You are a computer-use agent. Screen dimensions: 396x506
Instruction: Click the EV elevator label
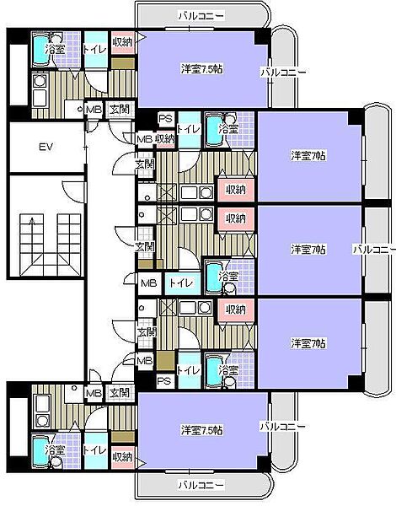[x=46, y=147]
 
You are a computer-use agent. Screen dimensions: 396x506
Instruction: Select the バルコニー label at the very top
[x=201, y=16]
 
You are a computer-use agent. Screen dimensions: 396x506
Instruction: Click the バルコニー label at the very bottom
[x=201, y=484]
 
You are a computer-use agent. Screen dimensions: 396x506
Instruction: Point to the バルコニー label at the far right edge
[x=374, y=250]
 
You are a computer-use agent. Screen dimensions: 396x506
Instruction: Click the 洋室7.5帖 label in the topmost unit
[x=202, y=69]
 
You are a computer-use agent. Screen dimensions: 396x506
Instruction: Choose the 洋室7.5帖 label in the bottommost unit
[x=202, y=430]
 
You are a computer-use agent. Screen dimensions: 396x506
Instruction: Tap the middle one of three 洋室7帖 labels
[x=308, y=250]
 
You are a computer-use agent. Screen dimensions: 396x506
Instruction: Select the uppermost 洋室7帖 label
[x=308, y=156]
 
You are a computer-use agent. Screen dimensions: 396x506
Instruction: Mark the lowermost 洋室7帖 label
[x=308, y=343]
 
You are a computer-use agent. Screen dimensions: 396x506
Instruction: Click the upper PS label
[x=166, y=118]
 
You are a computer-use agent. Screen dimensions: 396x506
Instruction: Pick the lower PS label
[x=163, y=381]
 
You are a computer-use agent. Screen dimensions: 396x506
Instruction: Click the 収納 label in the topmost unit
[x=122, y=42]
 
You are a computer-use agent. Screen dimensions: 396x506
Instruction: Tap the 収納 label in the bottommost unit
[x=122, y=456]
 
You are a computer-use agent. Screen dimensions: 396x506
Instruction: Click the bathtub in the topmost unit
[x=41, y=49]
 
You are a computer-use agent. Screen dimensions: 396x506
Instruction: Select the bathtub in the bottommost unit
[x=41, y=451]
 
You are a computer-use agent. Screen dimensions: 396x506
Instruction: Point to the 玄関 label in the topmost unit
[x=120, y=110]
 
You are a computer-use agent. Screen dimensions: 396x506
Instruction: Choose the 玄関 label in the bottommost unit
[x=120, y=393]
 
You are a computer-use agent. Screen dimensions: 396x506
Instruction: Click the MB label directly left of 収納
[x=144, y=139]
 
